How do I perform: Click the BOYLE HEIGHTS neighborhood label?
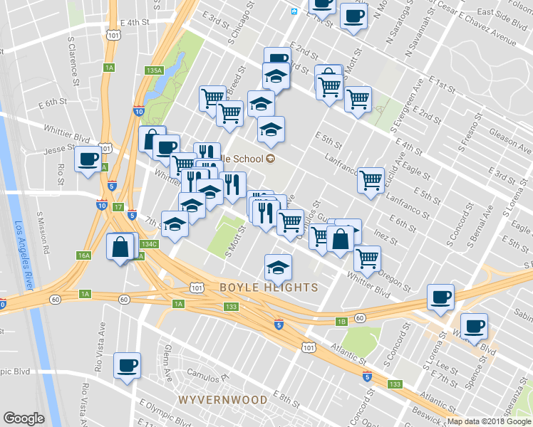[269, 288]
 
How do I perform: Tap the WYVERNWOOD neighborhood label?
[223, 399]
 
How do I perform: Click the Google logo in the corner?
[24, 418]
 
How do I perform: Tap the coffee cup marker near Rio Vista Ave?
[128, 365]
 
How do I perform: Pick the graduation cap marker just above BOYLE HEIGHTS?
[278, 268]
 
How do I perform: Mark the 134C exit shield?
[149, 244]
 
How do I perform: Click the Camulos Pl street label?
[206, 372]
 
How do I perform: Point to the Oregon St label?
[395, 277]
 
